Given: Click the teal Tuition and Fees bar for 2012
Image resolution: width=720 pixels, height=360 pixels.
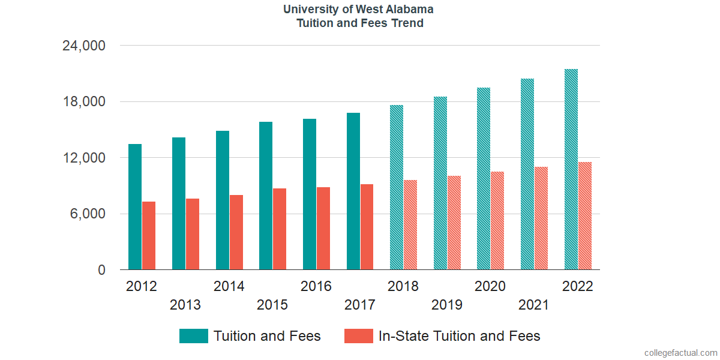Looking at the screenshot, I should coord(135,207).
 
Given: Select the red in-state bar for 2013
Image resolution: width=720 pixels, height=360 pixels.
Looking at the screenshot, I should coord(193,234).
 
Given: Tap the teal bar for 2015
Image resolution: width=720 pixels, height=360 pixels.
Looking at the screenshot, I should coord(266,196).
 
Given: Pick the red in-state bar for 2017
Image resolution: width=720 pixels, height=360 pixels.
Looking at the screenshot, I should coord(367,227).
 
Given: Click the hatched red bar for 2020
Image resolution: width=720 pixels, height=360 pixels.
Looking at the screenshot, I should coord(497,221).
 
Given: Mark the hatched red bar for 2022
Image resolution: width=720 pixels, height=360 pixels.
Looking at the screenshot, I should coord(585,216).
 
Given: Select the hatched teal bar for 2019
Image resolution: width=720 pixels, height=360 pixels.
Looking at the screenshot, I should coord(440,183).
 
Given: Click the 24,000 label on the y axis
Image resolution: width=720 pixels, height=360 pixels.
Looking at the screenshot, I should coord(84,46).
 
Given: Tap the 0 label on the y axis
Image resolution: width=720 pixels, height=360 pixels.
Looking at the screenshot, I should coord(102,271).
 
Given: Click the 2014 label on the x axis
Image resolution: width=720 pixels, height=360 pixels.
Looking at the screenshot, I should coord(229,286).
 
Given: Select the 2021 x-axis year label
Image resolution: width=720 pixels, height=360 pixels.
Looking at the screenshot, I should coord(534,305).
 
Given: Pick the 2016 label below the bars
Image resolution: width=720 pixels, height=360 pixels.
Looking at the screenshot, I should coord(316,286).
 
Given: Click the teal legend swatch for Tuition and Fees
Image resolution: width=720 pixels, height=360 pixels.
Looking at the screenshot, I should coord(193,336).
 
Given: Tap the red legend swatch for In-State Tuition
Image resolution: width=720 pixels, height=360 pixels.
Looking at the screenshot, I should coord(358,336).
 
